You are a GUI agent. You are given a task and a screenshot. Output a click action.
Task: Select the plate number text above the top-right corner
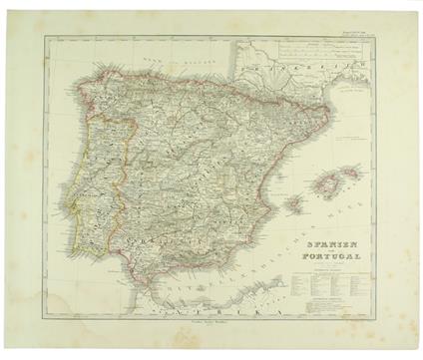355,33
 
